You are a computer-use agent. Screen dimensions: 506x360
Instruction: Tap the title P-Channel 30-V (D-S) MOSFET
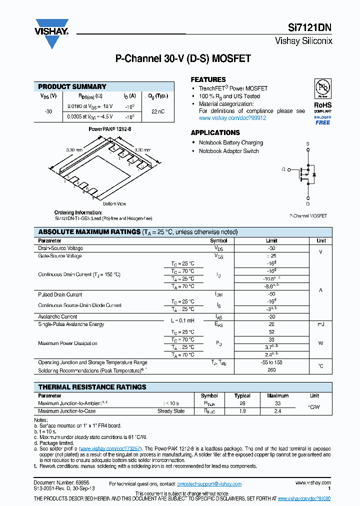pyautogui.click(x=183, y=58)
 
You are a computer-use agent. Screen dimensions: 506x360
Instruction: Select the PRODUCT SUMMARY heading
pyautogui.click(x=72, y=86)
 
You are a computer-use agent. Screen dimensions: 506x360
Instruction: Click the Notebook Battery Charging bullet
pyautogui.click(x=230, y=142)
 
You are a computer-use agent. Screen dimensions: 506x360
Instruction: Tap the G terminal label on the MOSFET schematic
pyautogui.click(x=283, y=169)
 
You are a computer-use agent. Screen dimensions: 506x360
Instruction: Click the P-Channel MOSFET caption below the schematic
pyautogui.click(x=308, y=215)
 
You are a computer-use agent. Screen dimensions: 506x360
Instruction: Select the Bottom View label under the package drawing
pyautogui.click(x=114, y=203)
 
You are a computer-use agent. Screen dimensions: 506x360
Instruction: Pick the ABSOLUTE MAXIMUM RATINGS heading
pyautogui.click(x=89, y=232)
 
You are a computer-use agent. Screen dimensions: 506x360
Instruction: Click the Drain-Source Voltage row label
pyautogui.click(x=60, y=248)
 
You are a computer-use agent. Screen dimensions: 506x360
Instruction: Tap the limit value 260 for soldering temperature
pyautogui.click(x=271, y=370)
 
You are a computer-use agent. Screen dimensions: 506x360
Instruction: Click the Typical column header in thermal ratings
pyautogui.click(x=242, y=395)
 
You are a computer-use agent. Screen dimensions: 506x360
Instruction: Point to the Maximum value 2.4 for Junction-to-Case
pyautogui.click(x=278, y=411)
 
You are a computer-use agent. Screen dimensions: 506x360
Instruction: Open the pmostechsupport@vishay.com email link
pyautogui.click(x=209, y=484)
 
